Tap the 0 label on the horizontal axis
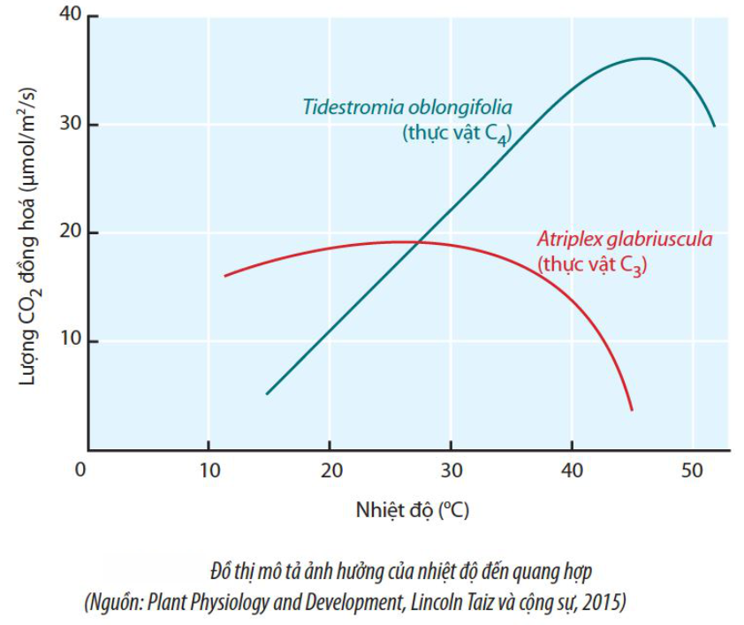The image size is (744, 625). [80, 469]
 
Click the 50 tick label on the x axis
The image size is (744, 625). [694, 469]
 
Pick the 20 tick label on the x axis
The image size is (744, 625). [330, 469]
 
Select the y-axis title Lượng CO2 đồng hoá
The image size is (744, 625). [29, 234]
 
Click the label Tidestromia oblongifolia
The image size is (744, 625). [407, 107]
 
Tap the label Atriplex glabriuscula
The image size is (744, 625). [625, 240]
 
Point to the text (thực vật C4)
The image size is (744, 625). [457, 134]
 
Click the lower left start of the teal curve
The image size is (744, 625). [267, 393]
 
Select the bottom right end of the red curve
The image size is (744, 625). [632, 410]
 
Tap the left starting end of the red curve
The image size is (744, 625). [225, 276]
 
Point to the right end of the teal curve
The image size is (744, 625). [714, 126]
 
